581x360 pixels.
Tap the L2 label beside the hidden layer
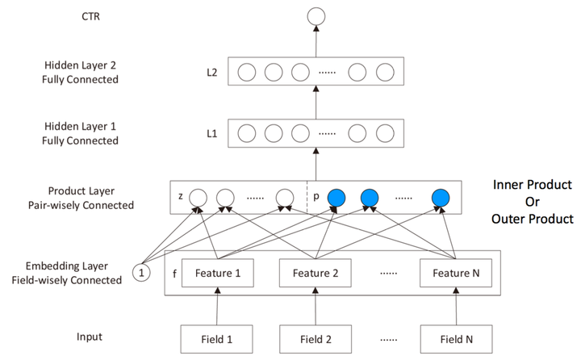(212, 73)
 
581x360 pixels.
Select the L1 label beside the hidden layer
(212, 133)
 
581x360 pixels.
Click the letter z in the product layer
(181, 196)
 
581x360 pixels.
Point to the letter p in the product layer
(316, 196)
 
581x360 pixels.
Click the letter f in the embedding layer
(174, 274)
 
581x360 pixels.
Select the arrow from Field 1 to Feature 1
(217, 306)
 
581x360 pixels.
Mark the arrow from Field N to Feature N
(456, 306)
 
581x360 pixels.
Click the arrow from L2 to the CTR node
(316, 41)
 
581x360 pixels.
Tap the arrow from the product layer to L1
(316, 164)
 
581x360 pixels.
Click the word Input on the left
(90, 337)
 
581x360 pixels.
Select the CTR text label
(90, 16)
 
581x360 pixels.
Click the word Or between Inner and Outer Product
(532, 202)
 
